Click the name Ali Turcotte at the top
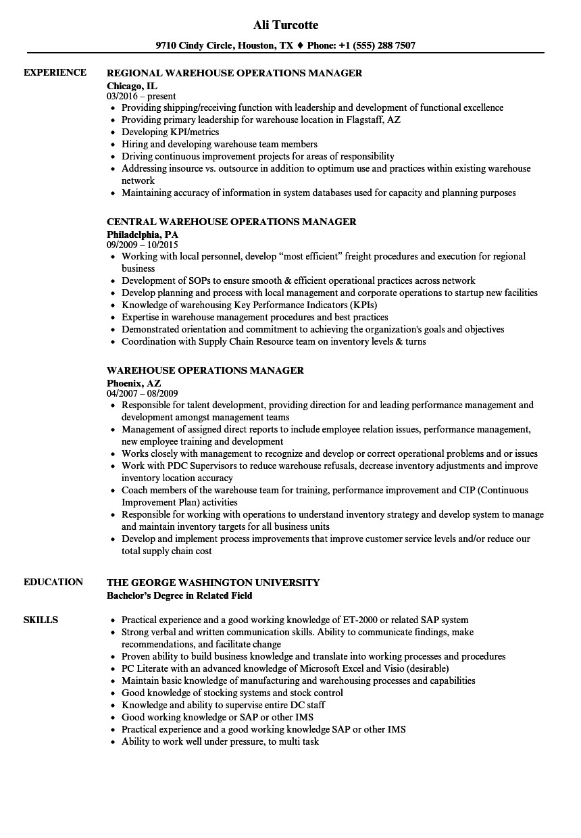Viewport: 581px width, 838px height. tap(285, 25)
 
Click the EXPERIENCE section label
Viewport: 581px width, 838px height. tap(55, 72)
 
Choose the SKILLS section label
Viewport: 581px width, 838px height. tap(41, 620)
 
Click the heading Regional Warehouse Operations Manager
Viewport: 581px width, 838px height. tap(234, 73)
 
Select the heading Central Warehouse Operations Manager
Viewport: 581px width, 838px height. tap(232, 222)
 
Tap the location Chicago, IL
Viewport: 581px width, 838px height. tap(132, 85)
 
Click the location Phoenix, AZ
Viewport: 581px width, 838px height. tap(134, 383)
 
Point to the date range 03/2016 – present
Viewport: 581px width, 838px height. tap(141, 97)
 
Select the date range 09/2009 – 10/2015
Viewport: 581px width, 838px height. tap(143, 245)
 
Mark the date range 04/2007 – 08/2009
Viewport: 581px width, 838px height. tap(143, 393)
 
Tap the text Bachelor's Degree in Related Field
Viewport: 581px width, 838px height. tap(180, 595)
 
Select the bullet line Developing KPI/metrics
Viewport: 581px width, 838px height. tap(170, 132)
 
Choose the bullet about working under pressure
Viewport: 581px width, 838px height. tap(220, 741)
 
